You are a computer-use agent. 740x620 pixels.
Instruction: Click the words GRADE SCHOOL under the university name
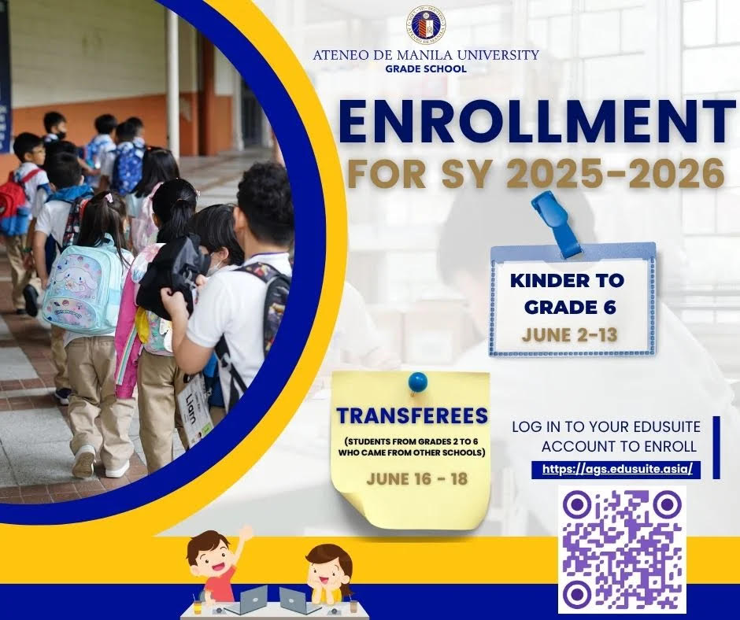(425, 69)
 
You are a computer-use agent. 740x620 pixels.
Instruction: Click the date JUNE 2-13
(569, 334)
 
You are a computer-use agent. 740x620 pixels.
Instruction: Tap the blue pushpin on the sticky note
(417, 382)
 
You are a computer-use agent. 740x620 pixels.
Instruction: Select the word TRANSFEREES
(412, 415)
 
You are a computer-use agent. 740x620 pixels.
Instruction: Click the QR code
(622, 549)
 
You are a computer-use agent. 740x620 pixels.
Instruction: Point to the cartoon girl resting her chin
(328, 569)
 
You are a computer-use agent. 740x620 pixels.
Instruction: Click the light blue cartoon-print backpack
(82, 290)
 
